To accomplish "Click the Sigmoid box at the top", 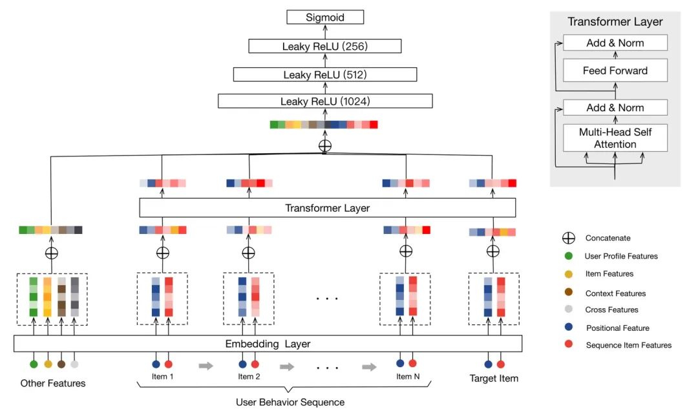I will [x=325, y=17].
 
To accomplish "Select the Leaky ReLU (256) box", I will [x=324, y=46].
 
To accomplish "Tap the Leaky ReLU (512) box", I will [x=325, y=74].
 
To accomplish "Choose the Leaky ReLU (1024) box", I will [x=325, y=101].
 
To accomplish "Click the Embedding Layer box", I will [x=268, y=343].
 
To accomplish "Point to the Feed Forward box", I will [x=615, y=70].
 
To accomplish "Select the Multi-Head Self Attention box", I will [x=615, y=138].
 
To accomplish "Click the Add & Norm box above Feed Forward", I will [x=615, y=43].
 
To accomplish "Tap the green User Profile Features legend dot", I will [x=568, y=256].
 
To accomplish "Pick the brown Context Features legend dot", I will [x=568, y=293].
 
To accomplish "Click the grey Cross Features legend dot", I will [x=568, y=310].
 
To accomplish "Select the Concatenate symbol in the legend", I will [x=568, y=238].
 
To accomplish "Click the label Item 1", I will [x=162, y=376].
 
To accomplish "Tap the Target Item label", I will [x=494, y=378].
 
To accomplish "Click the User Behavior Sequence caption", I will [x=290, y=402].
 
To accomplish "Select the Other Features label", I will [x=53, y=383].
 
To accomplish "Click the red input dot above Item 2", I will [x=255, y=364].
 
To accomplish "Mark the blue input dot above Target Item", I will [x=488, y=364].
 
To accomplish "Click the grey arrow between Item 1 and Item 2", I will [x=206, y=366].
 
